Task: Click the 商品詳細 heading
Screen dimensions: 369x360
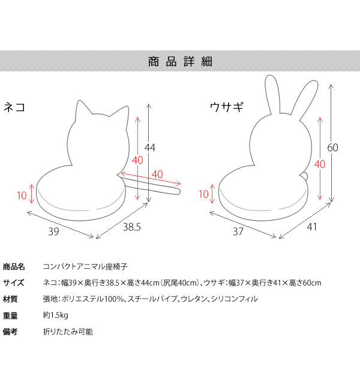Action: (181, 61)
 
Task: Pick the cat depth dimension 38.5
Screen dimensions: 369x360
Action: (133, 227)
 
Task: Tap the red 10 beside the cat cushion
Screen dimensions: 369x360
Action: (22, 195)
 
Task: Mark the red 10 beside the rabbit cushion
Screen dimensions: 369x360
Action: (204, 194)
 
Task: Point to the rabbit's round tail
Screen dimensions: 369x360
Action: (304, 175)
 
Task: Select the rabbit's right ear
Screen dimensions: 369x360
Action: (304, 96)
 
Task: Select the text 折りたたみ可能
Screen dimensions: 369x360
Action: (68, 332)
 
